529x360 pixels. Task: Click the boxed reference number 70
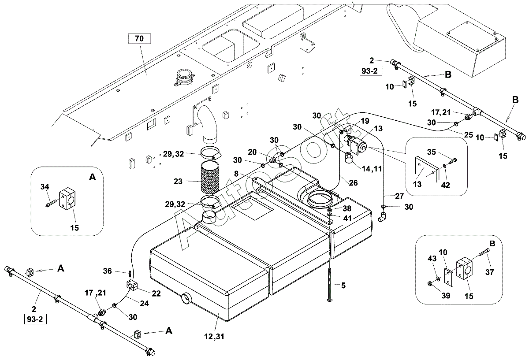tap(139, 38)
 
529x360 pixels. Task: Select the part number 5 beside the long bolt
tap(343, 286)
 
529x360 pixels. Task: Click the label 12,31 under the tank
tap(214, 336)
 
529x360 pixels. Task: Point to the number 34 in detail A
tap(45, 187)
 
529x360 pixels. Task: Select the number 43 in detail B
tap(432, 259)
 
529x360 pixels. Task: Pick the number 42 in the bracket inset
tap(445, 186)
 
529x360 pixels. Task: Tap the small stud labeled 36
tap(130, 274)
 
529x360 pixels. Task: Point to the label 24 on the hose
tap(144, 303)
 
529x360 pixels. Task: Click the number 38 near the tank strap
tap(347, 208)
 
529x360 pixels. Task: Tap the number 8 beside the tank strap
tap(236, 174)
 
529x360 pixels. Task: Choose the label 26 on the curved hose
tap(353, 182)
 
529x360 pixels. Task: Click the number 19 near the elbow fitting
tap(365, 121)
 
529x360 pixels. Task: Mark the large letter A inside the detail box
tap(92, 177)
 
